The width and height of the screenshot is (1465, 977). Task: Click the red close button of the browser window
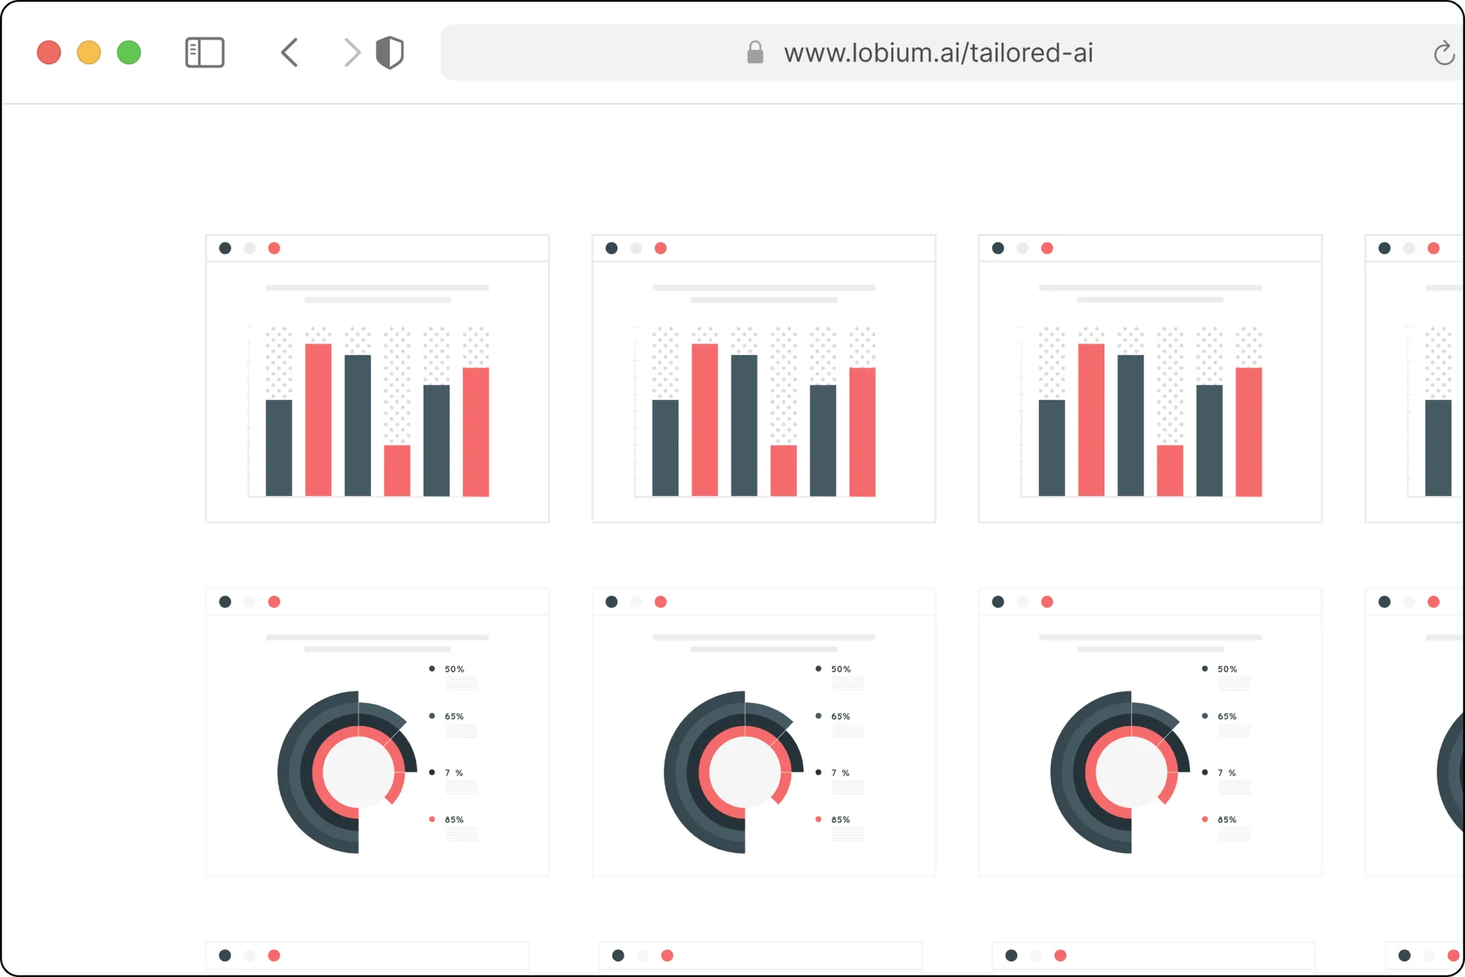pyautogui.click(x=49, y=53)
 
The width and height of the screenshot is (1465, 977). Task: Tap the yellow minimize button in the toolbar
pyautogui.click(x=89, y=53)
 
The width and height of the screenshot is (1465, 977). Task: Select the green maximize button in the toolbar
pyautogui.click(x=129, y=53)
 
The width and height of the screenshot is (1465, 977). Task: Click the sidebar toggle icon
pyautogui.click(x=204, y=53)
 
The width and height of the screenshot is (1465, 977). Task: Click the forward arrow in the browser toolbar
pyautogui.click(x=352, y=53)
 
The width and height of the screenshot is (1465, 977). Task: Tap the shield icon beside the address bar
pyautogui.click(x=390, y=53)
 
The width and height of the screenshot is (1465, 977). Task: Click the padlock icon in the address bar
pyautogui.click(x=755, y=53)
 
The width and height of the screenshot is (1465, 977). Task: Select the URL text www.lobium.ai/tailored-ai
pyautogui.click(x=938, y=53)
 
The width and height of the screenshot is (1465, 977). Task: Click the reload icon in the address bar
pyautogui.click(x=1444, y=53)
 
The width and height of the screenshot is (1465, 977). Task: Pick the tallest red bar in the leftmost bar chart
pyautogui.click(x=318, y=419)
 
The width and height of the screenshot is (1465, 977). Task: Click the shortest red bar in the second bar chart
pyautogui.click(x=783, y=471)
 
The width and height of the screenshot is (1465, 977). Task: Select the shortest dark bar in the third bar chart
pyautogui.click(x=1051, y=448)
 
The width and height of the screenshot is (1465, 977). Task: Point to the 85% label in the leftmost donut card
pyautogui.click(x=454, y=819)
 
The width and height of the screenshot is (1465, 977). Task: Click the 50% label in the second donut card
pyautogui.click(x=840, y=669)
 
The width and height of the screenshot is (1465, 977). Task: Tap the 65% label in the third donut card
pyautogui.click(x=1227, y=716)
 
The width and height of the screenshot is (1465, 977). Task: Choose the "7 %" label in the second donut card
pyautogui.click(x=840, y=773)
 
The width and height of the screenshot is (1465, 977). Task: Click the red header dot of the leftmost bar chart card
pyautogui.click(x=274, y=248)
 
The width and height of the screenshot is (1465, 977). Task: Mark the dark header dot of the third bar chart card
pyautogui.click(x=998, y=248)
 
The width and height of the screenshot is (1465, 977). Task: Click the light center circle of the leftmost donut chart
pyautogui.click(x=358, y=772)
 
